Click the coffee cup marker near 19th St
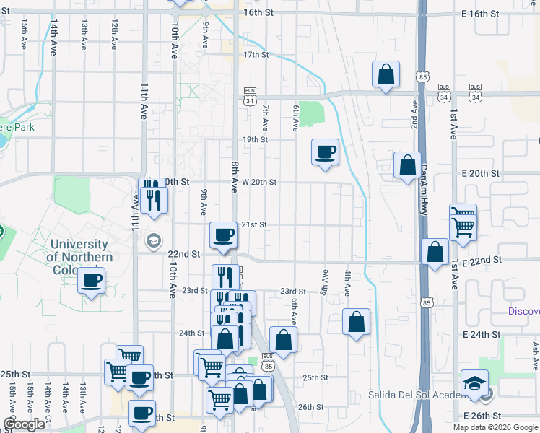(x=325, y=152)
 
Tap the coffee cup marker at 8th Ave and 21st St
(x=224, y=235)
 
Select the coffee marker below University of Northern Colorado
(x=92, y=281)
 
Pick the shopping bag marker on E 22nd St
(x=435, y=253)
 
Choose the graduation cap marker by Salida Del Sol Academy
(x=474, y=382)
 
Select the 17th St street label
(x=256, y=55)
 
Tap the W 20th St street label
(x=258, y=183)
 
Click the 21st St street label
(x=254, y=225)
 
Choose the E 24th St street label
(x=482, y=335)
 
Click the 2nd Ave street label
(x=415, y=116)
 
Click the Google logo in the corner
(x=24, y=424)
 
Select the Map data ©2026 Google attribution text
(x=494, y=427)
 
